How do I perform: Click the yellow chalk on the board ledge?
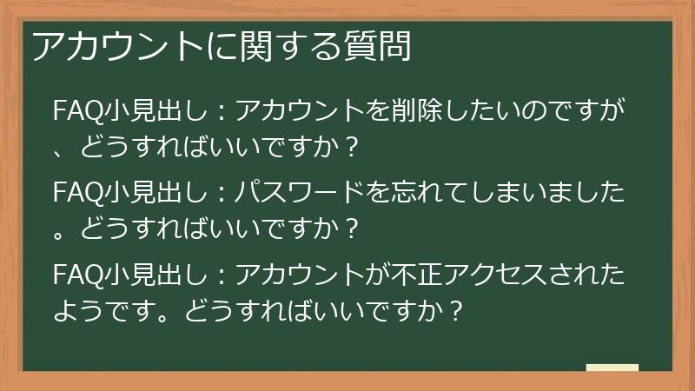[x=612, y=367]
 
